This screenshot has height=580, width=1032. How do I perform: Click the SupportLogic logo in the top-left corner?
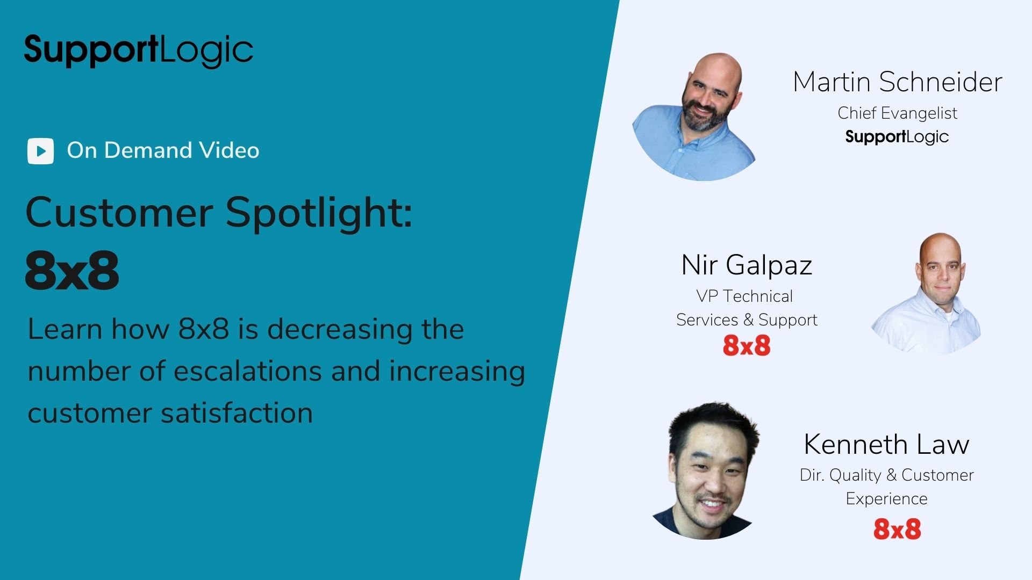(x=139, y=51)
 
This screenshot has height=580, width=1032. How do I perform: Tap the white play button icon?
(x=40, y=151)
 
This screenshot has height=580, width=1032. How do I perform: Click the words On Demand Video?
(x=163, y=150)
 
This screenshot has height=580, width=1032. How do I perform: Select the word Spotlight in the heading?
(x=319, y=213)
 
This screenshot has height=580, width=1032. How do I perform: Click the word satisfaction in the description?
(x=236, y=413)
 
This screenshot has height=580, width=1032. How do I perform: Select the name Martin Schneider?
(x=898, y=82)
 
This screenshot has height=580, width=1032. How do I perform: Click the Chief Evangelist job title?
(x=897, y=113)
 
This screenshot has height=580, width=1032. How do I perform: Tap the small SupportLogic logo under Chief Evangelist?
(x=897, y=137)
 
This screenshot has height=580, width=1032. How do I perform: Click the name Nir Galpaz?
(x=747, y=265)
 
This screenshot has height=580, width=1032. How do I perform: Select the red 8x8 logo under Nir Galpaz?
(x=747, y=345)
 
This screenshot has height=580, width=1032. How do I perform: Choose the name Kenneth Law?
(x=886, y=444)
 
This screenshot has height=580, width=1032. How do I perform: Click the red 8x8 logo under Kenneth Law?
(x=897, y=529)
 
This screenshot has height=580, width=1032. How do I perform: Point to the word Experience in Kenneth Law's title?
(x=886, y=499)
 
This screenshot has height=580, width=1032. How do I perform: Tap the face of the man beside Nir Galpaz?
(x=941, y=271)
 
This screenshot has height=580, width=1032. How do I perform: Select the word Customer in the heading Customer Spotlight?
(x=119, y=213)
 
